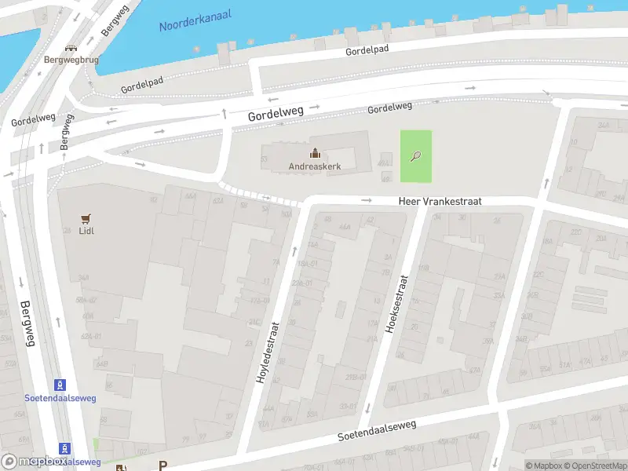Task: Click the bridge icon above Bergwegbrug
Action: pyautogui.click(x=71, y=48)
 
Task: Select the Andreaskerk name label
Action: pyautogui.click(x=314, y=166)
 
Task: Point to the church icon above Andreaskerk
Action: pyautogui.click(x=315, y=153)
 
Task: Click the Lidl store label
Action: pyautogui.click(x=86, y=231)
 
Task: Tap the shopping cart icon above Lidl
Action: pyautogui.click(x=86, y=218)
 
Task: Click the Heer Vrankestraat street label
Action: pyautogui.click(x=440, y=202)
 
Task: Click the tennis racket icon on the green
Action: pyautogui.click(x=415, y=155)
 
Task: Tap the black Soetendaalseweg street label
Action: pyautogui.click(x=377, y=430)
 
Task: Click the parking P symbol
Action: pyautogui.click(x=163, y=466)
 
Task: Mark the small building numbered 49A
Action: pyautogui.click(x=384, y=163)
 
